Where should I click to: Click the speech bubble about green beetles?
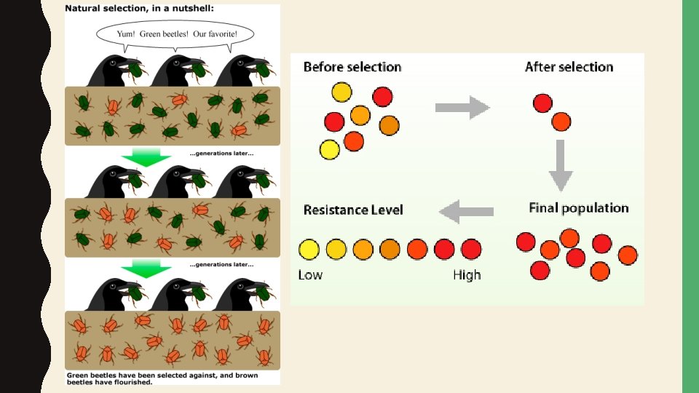[175, 33]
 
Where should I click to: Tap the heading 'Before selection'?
[352, 67]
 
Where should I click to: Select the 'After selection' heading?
[569, 67]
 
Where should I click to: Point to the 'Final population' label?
[578, 208]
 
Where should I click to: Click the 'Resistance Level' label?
[353, 210]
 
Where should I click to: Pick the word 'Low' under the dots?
[310, 275]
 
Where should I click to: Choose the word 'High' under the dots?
[467, 275]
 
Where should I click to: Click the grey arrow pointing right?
[462, 108]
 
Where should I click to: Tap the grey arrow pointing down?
[561, 165]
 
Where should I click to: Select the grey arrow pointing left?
[467, 212]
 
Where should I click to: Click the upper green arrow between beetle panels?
[146, 157]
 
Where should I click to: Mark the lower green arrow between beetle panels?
[146, 271]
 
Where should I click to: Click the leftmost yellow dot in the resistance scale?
[309, 250]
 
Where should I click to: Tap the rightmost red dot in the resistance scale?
[471, 250]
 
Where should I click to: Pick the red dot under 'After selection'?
[542, 103]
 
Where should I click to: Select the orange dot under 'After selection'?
[561, 122]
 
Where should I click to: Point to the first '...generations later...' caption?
[221, 154]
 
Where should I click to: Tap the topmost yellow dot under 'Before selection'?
[341, 92]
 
